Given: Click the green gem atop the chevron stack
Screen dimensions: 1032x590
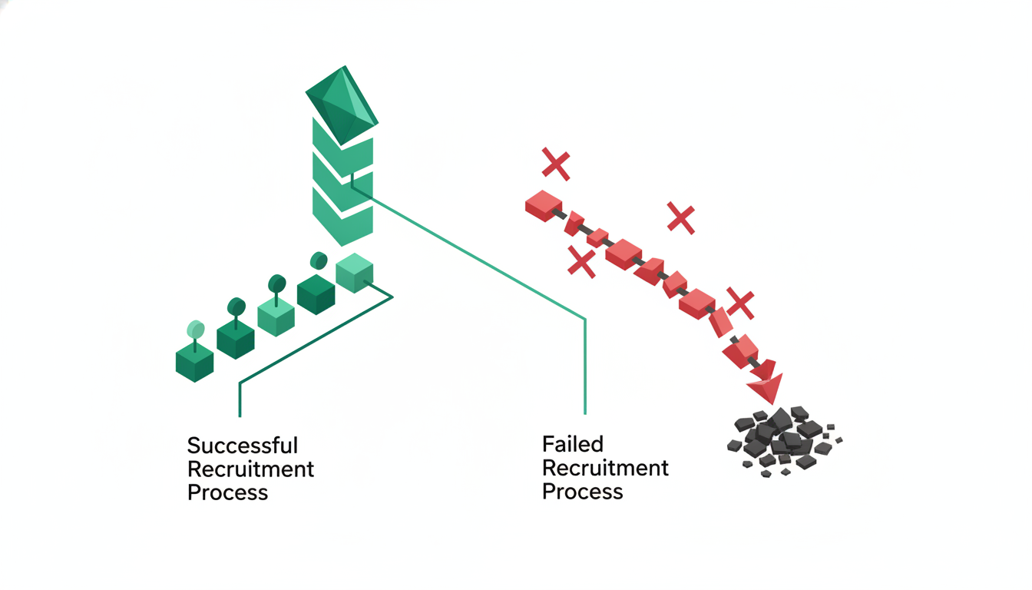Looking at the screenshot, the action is pos(342,105).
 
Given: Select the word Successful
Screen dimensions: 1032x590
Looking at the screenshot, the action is pos(243,446).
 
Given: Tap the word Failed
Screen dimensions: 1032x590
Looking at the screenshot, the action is pos(573,444).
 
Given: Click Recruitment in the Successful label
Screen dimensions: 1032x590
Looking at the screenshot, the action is pos(250,469).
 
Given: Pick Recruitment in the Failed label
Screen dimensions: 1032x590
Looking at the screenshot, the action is pos(605,469).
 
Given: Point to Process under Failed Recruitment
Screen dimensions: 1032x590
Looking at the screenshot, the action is pos(582,492).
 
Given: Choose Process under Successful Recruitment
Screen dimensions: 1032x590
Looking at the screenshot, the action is pos(227,492).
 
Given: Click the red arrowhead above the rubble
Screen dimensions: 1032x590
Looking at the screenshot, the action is pos(767,387).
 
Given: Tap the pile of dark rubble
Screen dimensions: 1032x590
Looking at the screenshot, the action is pos(784,440).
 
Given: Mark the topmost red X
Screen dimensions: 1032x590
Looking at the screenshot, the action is pos(556,164).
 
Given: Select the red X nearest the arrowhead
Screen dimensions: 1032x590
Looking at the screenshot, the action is pos(740,303).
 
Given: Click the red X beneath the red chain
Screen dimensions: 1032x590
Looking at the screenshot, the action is pos(581,261).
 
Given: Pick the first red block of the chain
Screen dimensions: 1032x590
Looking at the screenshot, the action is pos(544,206).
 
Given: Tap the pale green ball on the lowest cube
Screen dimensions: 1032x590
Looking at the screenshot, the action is pos(195,330).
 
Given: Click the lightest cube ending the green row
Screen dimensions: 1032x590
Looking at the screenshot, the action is pos(354,273).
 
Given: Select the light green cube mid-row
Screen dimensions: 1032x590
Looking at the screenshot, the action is pos(276,316).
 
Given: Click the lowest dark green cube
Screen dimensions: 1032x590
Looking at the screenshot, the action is pos(194,363).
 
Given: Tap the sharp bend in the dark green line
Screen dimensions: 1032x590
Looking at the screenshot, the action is pos(240,383).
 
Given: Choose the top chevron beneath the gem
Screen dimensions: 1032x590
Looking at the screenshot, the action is pos(342,148).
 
